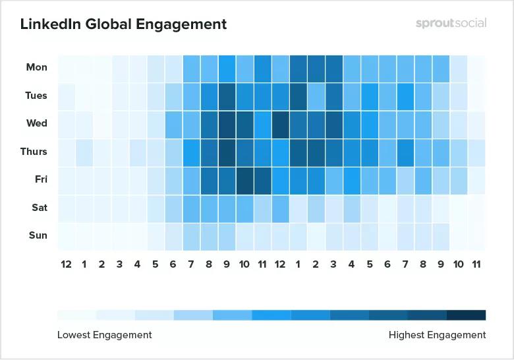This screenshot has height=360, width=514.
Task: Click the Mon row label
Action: click(x=36, y=67)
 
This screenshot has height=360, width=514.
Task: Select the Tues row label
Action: click(x=36, y=96)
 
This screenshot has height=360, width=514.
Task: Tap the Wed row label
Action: click(x=36, y=123)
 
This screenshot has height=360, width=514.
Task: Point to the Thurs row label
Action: click(x=34, y=152)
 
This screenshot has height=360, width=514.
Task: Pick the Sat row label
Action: click(x=39, y=208)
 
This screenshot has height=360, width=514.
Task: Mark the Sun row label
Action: click(x=38, y=235)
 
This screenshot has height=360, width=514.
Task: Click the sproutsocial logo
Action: click(x=451, y=23)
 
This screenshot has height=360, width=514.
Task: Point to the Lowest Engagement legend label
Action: click(x=104, y=335)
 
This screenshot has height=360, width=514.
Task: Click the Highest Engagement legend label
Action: click(x=437, y=335)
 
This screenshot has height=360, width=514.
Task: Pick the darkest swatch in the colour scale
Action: click(x=466, y=315)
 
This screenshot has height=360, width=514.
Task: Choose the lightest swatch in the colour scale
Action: click(x=76, y=315)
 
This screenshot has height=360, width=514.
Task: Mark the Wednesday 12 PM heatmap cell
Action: click(x=281, y=124)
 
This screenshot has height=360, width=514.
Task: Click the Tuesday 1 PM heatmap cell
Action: click(x=299, y=96)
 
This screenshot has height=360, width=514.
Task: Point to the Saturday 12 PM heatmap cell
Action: click(x=281, y=208)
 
